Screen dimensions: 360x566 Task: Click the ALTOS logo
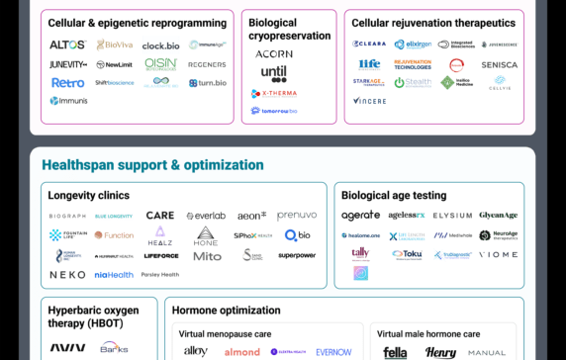[68, 45]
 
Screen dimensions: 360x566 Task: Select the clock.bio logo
[160, 45]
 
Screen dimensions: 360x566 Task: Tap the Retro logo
[68, 82]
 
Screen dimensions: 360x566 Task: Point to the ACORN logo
[274, 54]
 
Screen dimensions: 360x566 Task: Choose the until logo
[274, 73]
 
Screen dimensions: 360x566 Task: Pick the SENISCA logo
[499, 64]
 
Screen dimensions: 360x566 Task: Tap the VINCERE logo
[369, 101]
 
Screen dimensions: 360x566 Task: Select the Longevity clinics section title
[88, 195]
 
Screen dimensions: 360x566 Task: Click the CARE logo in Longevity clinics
[160, 216]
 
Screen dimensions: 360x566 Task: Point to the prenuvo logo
[297, 216]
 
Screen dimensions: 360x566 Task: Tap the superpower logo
[297, 255]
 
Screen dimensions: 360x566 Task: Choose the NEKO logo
[67, 275]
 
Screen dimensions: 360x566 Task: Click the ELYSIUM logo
[452, 216]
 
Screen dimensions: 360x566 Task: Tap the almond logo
[241, 352]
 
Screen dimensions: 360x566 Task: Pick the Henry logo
[441, 352]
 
